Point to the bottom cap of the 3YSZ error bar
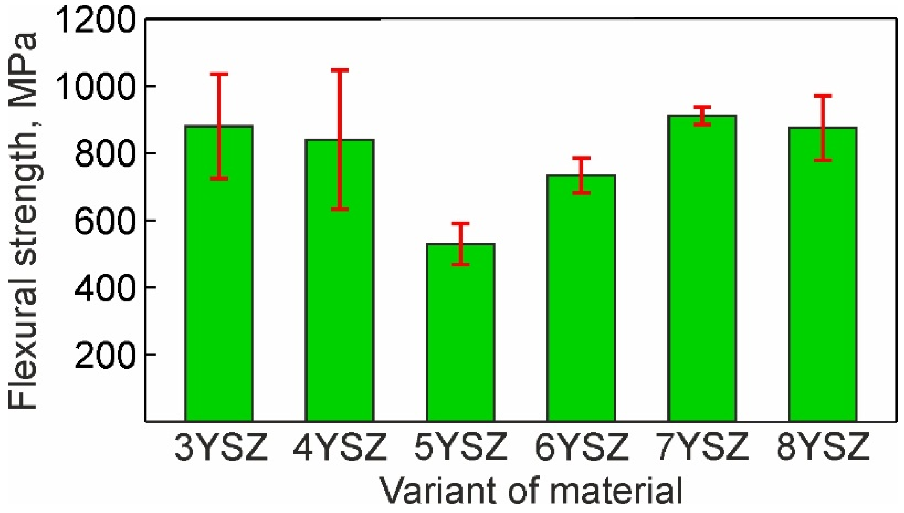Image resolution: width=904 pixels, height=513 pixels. [x=219, y=178]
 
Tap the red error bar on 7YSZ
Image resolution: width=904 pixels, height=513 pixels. [x=702, y=116]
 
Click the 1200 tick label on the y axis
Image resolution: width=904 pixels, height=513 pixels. [x=95, y=20]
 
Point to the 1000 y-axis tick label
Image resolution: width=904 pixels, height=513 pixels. [x=95, y=87]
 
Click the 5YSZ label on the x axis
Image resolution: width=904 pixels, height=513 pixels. [x=461, y=447]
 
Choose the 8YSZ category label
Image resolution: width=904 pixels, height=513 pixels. [x=823, y=447]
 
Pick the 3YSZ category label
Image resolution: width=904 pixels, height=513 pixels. [x=221, y=447]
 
